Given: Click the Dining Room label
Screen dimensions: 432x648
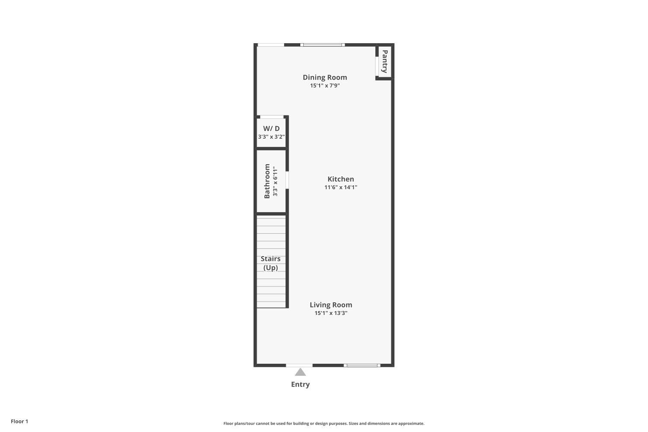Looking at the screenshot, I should [x=324, y=77].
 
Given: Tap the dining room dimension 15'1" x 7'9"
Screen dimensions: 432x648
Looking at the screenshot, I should [x=324, y=86].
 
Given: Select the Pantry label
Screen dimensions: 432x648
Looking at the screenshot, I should [x=384, y=61].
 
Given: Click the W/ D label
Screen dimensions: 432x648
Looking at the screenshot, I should [x=271, y=128].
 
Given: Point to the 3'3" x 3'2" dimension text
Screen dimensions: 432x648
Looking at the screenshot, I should [x=271, y=137].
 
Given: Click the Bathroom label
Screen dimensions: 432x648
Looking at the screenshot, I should [x=267, y=181].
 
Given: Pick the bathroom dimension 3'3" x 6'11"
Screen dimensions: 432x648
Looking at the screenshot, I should [x=275, y=181].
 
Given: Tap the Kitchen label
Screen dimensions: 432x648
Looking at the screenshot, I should [x=340, y=179].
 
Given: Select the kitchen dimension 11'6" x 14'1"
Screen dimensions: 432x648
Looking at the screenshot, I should [x=340, y=187].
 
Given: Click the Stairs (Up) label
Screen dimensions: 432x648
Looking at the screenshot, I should [x=270, y=263].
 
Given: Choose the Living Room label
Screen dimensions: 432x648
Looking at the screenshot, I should [x=330, y=305].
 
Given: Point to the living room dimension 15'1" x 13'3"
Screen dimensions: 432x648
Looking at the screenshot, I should [x=330, y=313].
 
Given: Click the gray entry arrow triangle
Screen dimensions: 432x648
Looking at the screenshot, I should [x=300, y=372].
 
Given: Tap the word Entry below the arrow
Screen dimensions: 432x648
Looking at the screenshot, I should [x=300, y=384].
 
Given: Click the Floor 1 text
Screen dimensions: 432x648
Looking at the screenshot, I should [x=19, y=421].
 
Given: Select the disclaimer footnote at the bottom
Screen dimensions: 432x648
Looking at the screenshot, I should [x=324, y=423].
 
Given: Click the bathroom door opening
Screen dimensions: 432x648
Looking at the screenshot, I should [x=287, y=180].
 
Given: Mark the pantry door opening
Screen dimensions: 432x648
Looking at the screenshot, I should [x=377, y=65].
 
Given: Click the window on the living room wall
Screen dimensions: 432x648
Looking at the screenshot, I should [x=362, y=365].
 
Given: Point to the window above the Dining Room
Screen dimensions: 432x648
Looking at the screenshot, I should [x=322, y=45].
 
